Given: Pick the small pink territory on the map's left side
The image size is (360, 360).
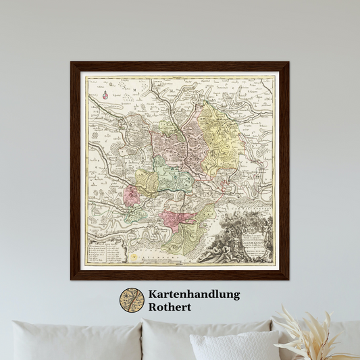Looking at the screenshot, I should click(x=132, y=196).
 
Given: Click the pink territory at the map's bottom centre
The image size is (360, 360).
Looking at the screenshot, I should click(x=177, y=219).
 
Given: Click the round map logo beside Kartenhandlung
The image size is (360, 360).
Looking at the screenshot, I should click(x=132, y=301).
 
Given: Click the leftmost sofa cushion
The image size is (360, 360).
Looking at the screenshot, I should click(x=74, y=341).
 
